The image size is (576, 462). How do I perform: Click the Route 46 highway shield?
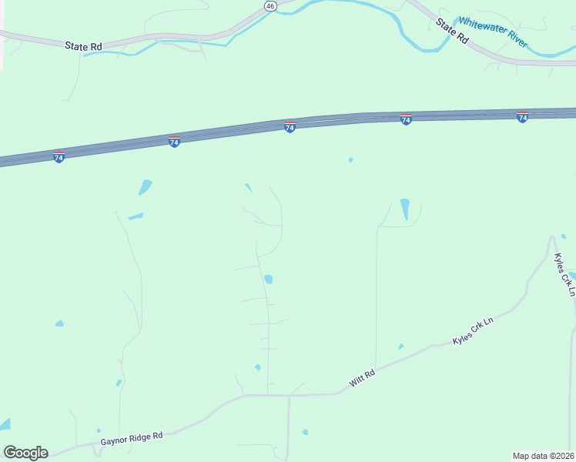[270, 5]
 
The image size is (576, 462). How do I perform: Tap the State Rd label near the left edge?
[83, 46]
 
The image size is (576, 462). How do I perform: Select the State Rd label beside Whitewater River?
[452, 29]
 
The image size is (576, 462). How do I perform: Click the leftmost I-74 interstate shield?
[59, 157]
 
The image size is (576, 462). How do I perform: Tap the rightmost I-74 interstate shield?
[522, 117]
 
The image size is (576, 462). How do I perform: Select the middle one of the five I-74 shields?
[290, 127]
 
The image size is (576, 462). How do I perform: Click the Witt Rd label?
[361, 378]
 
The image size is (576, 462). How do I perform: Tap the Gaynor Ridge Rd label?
[132, 439]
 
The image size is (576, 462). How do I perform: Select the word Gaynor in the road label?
[113, 442]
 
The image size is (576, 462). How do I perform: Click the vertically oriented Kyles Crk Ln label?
[564, 274]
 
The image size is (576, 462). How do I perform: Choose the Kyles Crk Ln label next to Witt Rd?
[472, 330]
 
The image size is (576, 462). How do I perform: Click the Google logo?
[25, 453]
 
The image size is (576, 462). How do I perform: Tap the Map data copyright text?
[543, 455]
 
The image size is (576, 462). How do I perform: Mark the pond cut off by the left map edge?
[5, 424]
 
